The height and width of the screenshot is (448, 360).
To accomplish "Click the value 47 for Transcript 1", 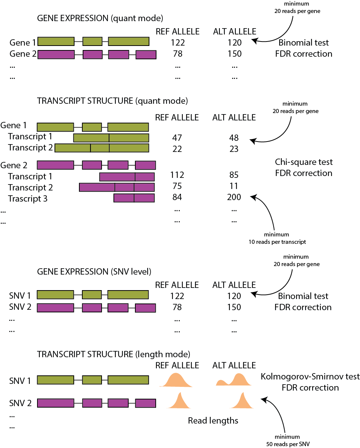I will pyautogui.click(x=177, y=138).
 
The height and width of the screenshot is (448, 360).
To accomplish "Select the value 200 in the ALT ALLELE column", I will pyautogui.click(x=234, y=197).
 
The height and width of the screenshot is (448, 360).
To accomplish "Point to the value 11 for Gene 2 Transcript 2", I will pyautogui.click(x=234, y=186).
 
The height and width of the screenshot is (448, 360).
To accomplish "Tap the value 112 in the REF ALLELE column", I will pyautogui.click(x=177, y=175).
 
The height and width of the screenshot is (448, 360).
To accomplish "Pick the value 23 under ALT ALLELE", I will pyautogui.click(x=234, y=149).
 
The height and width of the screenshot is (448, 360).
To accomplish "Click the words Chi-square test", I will pyautogui.click(x=304, y=162).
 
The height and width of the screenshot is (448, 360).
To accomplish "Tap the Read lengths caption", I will pyautogui.click(x=213, y=421).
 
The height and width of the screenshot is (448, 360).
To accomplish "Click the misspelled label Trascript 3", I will pyautogui.click(x=28, y=199).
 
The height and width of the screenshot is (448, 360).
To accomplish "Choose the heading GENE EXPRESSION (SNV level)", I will pyautogui.click(x=94, y=272).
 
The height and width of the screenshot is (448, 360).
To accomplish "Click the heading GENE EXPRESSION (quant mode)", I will pyautogui.click(x=100, y=18).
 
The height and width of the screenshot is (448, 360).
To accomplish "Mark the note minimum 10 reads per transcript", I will pyautogui.click(x=277, y=238).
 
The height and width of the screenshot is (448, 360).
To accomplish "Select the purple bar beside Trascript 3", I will pyautogui.click(x=134, y=198).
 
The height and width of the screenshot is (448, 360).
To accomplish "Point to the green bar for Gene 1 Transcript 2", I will pyautogui.click(x=102, y=148).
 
